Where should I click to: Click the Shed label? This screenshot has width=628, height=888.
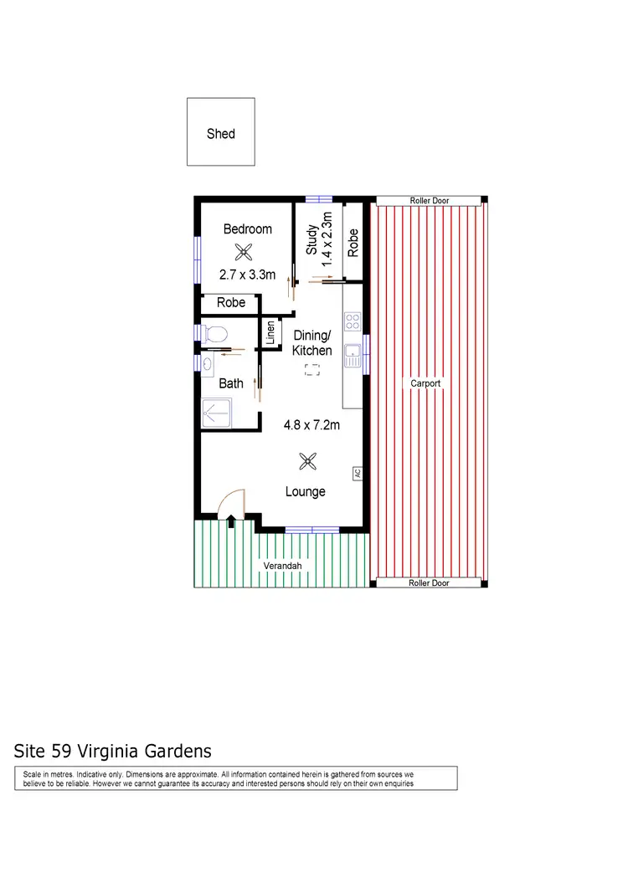(221, 133)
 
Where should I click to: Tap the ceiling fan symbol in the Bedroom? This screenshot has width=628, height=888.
(244, 250)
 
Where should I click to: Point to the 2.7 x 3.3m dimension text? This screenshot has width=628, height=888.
(247, 274)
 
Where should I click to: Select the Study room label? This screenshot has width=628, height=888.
(311, 239)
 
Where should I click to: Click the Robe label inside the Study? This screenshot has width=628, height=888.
(353, 242)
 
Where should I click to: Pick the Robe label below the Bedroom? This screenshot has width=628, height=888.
(231, 302)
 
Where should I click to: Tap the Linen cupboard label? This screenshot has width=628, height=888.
(270, 334)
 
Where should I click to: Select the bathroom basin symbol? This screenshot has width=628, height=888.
(206, 363)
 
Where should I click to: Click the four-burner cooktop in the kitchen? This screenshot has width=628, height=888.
(353, 321)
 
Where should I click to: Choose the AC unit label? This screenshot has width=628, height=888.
(357, 473)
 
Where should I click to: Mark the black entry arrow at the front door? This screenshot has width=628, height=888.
(230, 522)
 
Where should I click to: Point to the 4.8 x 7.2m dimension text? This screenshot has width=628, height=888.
(311, 425)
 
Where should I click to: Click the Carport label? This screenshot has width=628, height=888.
(425, 383)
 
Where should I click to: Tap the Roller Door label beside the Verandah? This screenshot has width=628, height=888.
(430, 583)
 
